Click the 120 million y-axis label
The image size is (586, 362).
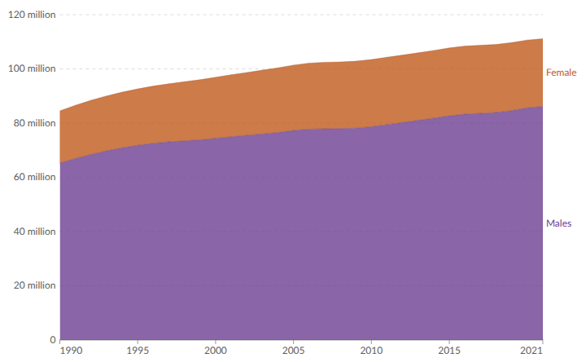[x=28, y=14]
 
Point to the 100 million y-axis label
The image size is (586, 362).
[x=28, y=68]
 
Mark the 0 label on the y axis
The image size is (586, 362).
[x=53, y=340]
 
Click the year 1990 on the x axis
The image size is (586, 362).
[x=71, y=351]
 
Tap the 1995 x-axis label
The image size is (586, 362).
[x=138, y=351]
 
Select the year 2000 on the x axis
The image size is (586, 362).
[x=215, y=351]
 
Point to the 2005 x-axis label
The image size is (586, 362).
[x=293, y=351]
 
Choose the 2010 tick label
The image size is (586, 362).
[x=370, y=351]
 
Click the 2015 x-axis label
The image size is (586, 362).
[x=448, y=351]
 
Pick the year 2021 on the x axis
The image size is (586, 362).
[x=531, y=351]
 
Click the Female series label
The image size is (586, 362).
[x=561, y=73]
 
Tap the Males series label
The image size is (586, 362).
[x=558, y=223]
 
